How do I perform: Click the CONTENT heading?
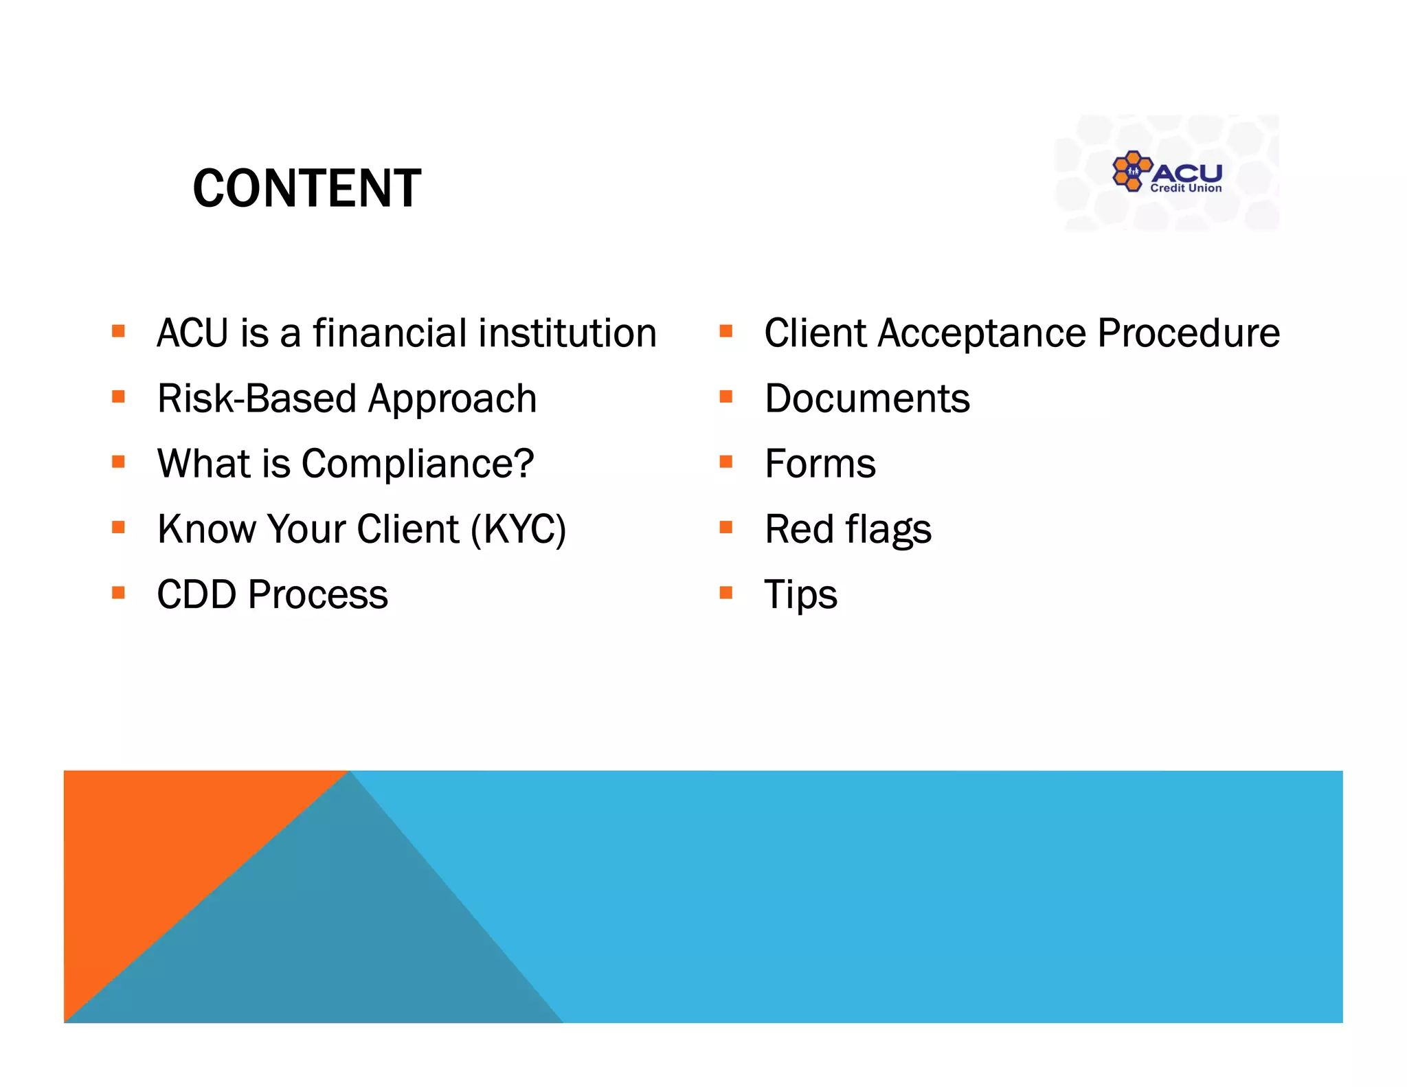pos(307,188)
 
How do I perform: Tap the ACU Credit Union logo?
pos(1167,172)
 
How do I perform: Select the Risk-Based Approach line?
pos(347,399)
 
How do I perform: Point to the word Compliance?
pos(418,464)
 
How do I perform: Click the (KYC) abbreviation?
pos(519,529)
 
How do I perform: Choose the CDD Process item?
pos(272,594)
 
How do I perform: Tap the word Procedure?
pos(1189,333)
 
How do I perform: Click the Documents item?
pos(867,399)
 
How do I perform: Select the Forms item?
pos(820,464)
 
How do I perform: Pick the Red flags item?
pos(848,529)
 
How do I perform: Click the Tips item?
pos(800,594)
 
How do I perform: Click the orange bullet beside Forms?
pos(725,462)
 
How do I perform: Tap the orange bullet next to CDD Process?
pos(118,592)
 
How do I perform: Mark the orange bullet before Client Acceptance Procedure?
pos(725,332)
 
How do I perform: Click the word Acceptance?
pos(983,333)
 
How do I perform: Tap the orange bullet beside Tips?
pos(725,592)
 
